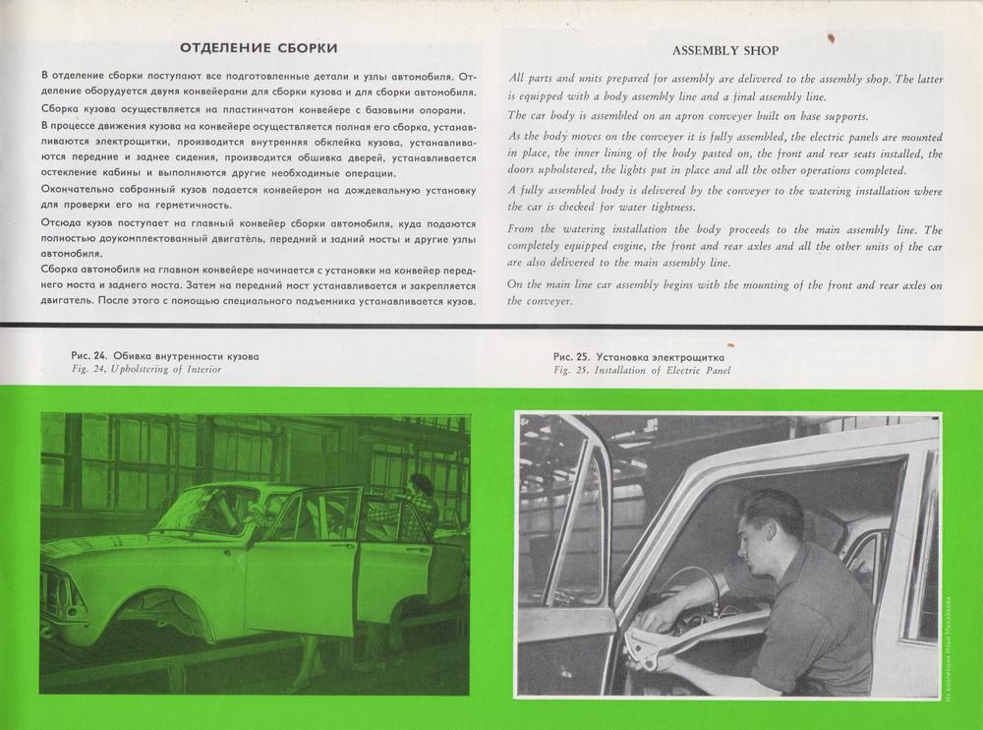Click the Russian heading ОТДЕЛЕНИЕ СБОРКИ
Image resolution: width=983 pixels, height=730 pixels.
pyautogui.click(x=260, y=47)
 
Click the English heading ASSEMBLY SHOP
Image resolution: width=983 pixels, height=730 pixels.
pyautogui.click(x=725, y=50)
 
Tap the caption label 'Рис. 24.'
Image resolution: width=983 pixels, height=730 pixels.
pyautogui.click(x=89, y=355)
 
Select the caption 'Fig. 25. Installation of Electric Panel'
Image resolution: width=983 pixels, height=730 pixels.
pyautogui.click(x=642, y=371)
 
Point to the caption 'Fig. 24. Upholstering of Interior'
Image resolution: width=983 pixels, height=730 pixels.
pyautogui.click(x=145, y=369)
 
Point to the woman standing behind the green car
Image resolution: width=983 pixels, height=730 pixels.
pyautogui.click(x=418, y=502)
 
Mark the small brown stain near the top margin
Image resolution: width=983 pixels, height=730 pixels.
pyautogui.click(x=832, y=38)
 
